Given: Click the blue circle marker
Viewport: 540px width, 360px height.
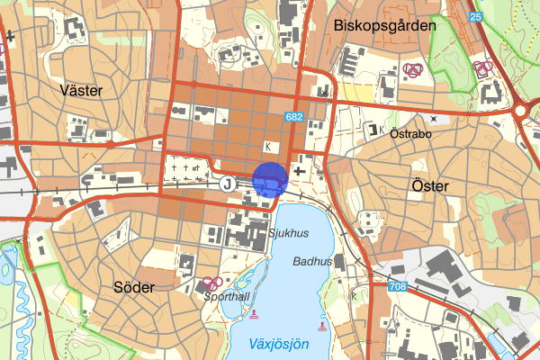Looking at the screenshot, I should (x=270, y=179).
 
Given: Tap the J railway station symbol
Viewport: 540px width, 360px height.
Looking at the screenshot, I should (x=228, y=184).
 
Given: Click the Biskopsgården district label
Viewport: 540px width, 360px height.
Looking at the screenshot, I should (x=384, y=26).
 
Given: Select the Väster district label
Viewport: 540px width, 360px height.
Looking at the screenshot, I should (x=82, y=91).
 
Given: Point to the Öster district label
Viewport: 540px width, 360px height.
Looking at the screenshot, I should (x=428, y=185).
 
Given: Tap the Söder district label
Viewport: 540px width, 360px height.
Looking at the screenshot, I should (x=134, y=287).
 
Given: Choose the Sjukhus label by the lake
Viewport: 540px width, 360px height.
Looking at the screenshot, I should (x=288, y=231).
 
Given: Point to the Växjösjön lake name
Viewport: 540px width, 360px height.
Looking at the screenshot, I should (x=279, y=344).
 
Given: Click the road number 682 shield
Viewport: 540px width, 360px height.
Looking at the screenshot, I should (x=294, y=117).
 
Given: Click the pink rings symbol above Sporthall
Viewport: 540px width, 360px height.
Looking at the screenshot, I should (x=212, y=283).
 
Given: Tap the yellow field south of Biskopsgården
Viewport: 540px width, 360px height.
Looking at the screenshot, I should (x=356, y=92).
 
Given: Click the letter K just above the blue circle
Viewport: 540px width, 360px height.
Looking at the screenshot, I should (x=267, y=146).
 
